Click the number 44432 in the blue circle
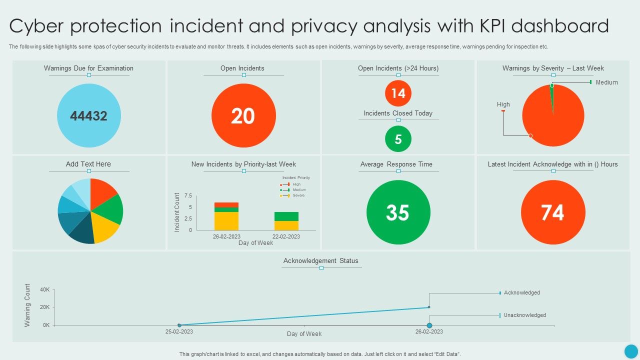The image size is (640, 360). coord(88,116)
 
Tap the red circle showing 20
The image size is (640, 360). coord(243,116)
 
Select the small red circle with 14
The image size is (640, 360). coord(398,93)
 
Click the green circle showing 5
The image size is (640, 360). coord(398,139)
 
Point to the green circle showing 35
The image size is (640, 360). coord(398,212)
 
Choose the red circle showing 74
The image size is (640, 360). coord(553,212)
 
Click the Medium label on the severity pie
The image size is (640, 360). coord(606,82)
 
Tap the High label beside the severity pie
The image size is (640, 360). coord(503,104)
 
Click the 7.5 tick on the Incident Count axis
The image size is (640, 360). coord(188,195)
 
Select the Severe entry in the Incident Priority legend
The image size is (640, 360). coord(298,195)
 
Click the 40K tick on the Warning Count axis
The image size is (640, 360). coord(45,290)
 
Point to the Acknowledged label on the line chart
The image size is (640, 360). coord(521,293)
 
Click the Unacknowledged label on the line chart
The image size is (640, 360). coord(524,315)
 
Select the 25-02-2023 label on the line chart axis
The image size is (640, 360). coord(179,331)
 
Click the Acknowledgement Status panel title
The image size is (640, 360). coord(321,261)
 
